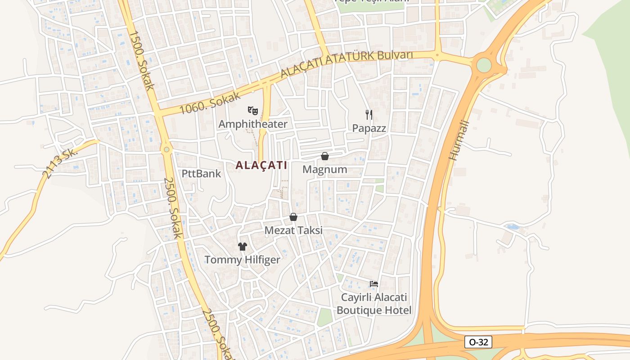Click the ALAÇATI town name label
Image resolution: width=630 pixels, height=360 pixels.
click(x=261, y=165)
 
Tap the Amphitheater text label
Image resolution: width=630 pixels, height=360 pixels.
click(x=253, y=124)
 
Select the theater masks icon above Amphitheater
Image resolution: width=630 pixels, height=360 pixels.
click(x=253, y=110)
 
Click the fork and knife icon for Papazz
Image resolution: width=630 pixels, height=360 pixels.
click(x=369, y=115)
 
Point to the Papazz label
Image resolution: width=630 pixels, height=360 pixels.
click(x=369, y=128)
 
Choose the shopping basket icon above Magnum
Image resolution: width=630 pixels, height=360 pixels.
click(x=324, y=156)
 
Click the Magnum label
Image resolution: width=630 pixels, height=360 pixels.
click(x=324, y=170)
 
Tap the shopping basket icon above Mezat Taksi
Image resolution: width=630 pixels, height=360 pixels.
click(x=293, y=217)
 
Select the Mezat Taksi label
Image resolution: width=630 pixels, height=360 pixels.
click(x=293, y=230)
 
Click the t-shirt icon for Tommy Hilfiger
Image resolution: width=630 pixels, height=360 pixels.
click(x=243, y=246)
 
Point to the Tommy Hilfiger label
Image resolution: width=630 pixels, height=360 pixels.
click(x=243, y=260)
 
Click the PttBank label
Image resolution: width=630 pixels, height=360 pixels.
click(x=202, y=173)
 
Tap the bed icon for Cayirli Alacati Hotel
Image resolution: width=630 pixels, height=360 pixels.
click(x=374, y=284)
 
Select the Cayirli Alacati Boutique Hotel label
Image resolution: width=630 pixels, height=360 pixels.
click(x=374, y=304)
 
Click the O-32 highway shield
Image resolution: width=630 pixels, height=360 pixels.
click(x=478, y=342)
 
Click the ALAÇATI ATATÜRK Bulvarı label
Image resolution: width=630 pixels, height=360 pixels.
click(x=346, y=64)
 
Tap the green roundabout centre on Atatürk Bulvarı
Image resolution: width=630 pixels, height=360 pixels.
click(x=484, y=65)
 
